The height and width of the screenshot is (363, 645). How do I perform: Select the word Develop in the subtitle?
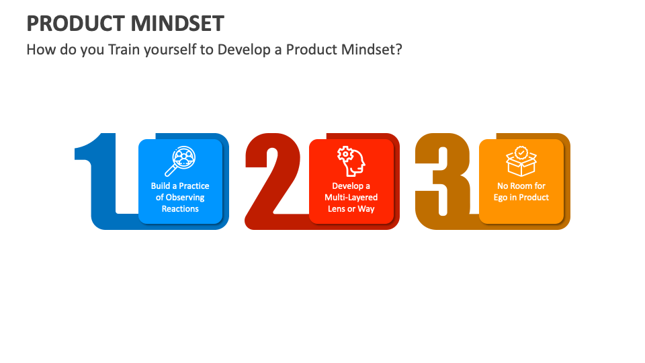[x=242, y=50]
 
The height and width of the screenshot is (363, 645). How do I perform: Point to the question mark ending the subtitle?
[x=398, y=50]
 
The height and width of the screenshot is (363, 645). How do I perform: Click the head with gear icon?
[x=351, y=161]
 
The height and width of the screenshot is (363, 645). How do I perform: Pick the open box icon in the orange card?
[x=521, y=163]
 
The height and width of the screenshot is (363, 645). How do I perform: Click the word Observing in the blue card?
[x=185, y=198]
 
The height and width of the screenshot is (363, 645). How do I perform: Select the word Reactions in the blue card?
[x=180, y=209]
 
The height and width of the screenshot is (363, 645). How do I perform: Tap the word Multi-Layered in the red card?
[x=351, y=198]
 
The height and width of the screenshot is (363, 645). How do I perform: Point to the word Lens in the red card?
[x=336, y=209]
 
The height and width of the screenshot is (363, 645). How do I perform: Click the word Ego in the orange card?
[x=501, y=198]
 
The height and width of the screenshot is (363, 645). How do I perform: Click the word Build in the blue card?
[x=160, y=186]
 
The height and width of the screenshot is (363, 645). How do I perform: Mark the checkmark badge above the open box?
[x=521, y=152]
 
